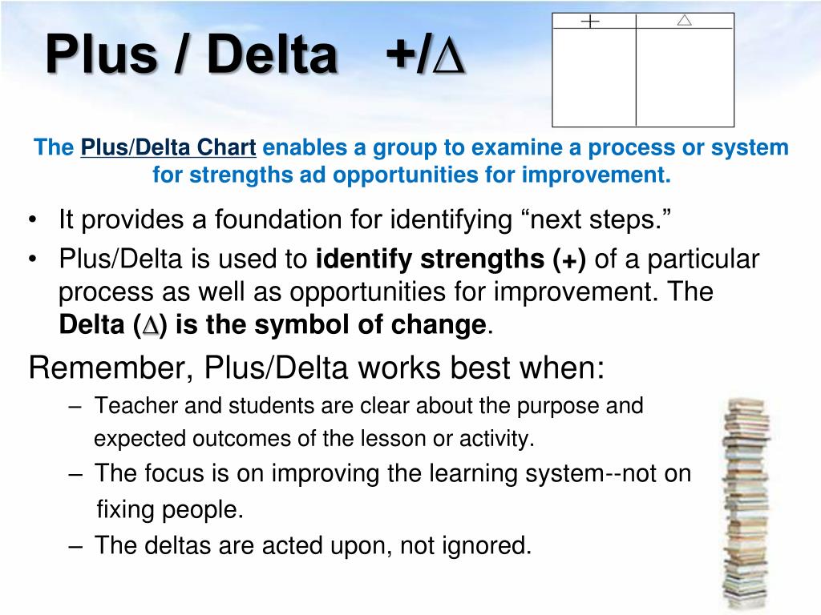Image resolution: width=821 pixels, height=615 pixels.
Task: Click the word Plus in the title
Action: click(x=101, y=54)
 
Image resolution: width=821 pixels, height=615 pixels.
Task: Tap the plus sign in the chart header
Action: click(x=590, y=21)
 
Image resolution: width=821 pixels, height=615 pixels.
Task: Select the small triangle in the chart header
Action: click(x=684, y=20)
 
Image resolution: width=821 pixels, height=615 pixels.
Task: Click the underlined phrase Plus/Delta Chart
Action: click(x=168, y=148)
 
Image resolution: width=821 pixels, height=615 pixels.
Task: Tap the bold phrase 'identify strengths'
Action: click(x=430, y=259)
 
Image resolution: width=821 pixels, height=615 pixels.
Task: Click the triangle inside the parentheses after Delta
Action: click(x=150, y=325)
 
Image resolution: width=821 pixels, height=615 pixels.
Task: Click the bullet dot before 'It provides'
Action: click(x=34, y=220)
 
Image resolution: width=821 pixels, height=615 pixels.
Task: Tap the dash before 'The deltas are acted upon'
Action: click(x=75, y=546)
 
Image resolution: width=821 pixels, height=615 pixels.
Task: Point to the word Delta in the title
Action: click(x=272, y=54)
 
